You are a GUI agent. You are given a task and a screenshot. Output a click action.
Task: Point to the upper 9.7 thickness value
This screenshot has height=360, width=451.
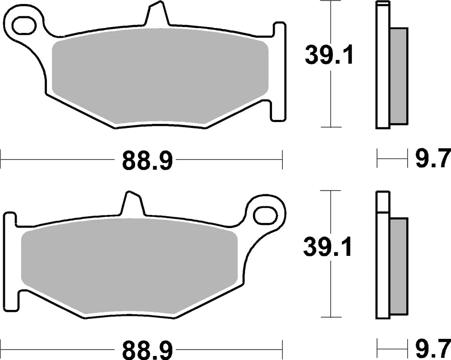point(432,159)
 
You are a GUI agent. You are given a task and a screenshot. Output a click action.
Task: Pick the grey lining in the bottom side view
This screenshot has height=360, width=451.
point(398,266)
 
